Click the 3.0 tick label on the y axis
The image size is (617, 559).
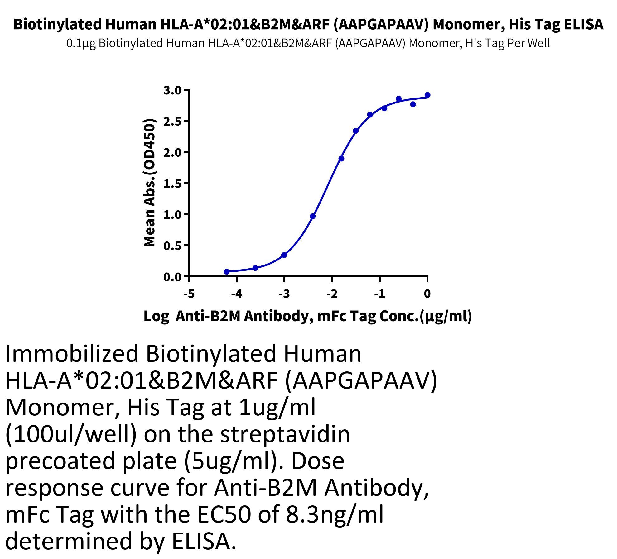click(172, 90)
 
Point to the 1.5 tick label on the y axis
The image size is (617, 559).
click(172, 184)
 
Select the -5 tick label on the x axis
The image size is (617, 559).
click(189, 294)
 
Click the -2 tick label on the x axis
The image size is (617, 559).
click(332, 294)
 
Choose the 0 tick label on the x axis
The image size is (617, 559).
click(427, 294)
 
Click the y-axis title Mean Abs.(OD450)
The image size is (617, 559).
click(149, 183)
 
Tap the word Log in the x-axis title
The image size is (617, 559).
click(156, 316)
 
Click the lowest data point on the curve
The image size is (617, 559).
click(227, 272)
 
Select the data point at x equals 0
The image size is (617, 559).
click(427, 95)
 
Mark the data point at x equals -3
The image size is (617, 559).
click(284, 255)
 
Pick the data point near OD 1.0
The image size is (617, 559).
click(313, 216)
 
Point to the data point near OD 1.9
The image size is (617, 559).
click(341, 159)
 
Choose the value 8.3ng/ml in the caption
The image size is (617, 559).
click(334, 515)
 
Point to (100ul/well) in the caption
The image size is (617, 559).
click(71, 434)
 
